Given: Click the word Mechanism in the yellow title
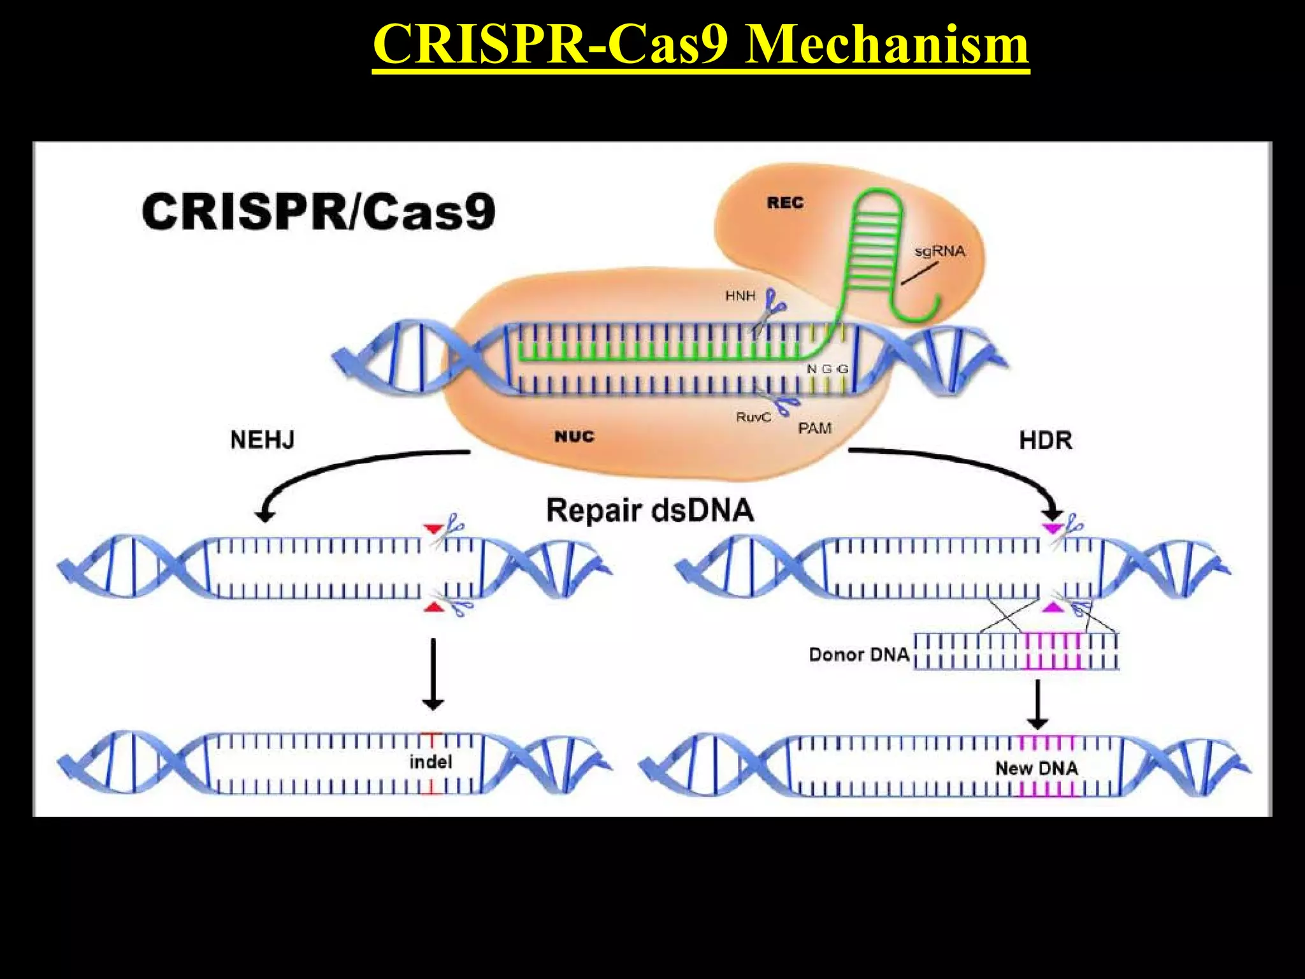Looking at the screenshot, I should pyautogui.click(x=886, y=45).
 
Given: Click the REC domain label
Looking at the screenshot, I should pyautogui.click(x=785, y=203).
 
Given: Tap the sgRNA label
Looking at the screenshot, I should pyautogui.click(x=940, y=251).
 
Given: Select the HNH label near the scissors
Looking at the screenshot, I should pyautogui.click(x=740, y=296).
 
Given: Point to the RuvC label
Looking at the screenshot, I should pyautogui.click(x=753, y=417).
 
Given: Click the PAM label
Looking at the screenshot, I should pyautogui.click(x=814, y=428).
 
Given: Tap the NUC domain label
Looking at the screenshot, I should pyautogui.click(x=574, y=437).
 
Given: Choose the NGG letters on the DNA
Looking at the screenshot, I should pyautogui.click(x=827, y=369).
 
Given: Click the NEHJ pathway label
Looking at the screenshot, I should pyautogui.click(x=262, y=440).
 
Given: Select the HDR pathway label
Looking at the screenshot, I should pyautogui.click(x=1045, y=440).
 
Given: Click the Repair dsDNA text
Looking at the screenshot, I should pyautogui.click(x=650, y=511).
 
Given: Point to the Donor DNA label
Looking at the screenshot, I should pyautogui.click(x=859, y=655).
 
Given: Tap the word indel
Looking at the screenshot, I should pyautogui.click(x=431, y=762).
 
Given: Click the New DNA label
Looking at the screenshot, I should pyautogui.click(x=1037, y=768).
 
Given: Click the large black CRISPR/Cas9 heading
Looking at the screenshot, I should pyautogui.click(x=319, y=212).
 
